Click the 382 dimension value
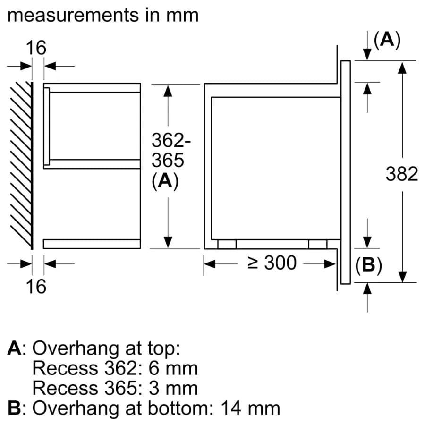point(401,174)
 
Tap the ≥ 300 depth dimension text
point(272,263)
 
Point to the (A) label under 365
point(165,182)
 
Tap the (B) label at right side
point(368,266)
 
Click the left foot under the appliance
point(227,244)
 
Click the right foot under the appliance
point(317,244)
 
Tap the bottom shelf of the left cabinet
point(92,244)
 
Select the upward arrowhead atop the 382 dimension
point(402,69)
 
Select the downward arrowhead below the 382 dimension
point(402,275)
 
